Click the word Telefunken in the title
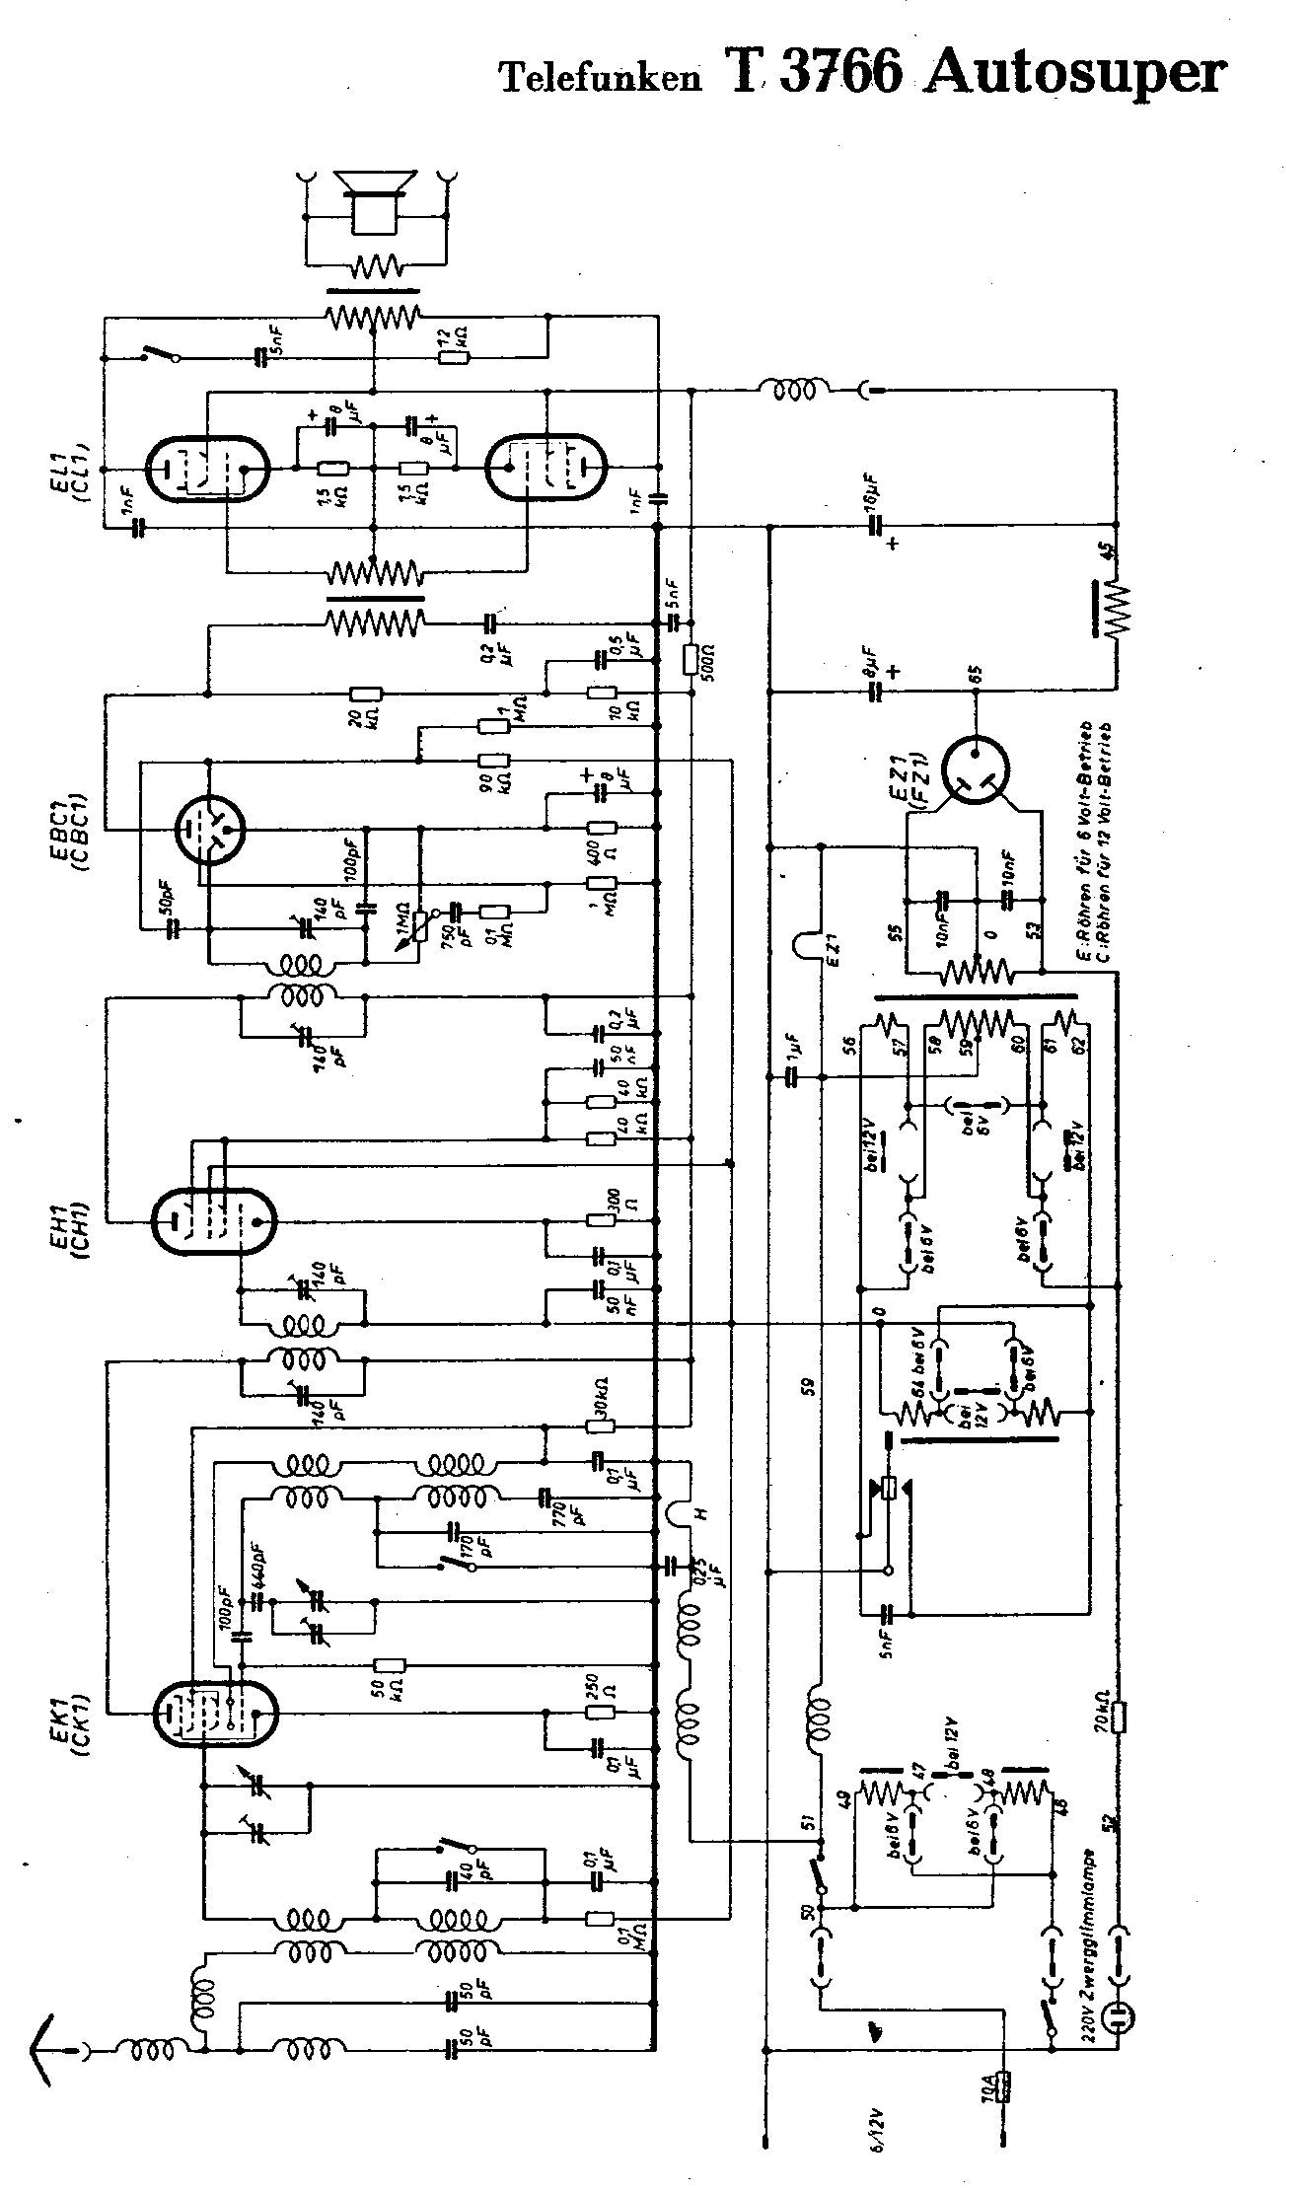pos(600,78)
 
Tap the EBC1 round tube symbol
pos(209,829)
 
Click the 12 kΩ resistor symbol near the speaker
pos(455,357)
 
